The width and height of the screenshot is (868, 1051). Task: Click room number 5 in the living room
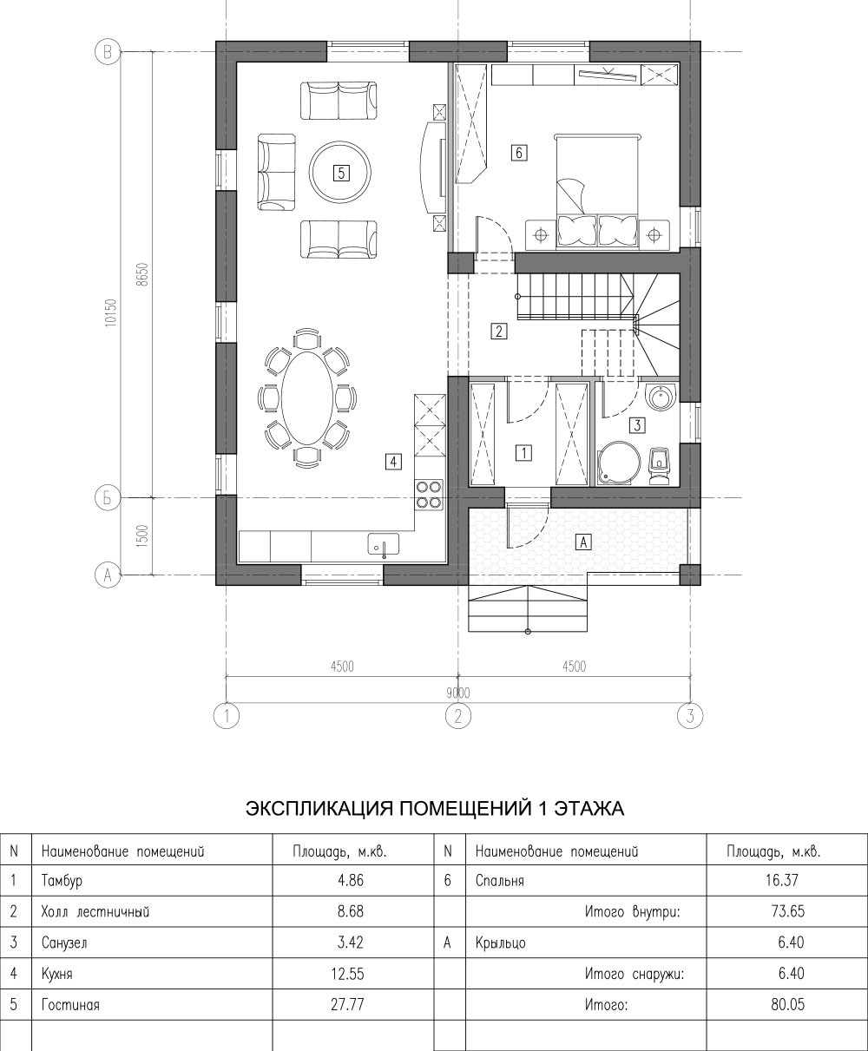pos(341,174)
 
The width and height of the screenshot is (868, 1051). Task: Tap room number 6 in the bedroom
pos(518,152)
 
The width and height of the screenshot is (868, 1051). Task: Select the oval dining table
pos(307,397)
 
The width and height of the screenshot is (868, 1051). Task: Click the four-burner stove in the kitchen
pos(429,495)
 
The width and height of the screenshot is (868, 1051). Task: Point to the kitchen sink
pos(384,543)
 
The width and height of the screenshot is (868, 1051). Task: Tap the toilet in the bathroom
pos(659,465)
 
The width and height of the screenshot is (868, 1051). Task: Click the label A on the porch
pos(583,542)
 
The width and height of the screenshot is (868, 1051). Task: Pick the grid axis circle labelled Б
pos(108,498)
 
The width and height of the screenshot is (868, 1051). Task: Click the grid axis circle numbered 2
pos(457,716)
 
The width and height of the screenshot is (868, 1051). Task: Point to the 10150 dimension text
pos(111,312)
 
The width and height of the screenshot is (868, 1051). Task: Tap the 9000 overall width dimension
pos(457,693)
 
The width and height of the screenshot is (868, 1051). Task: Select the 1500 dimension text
pos(142,536)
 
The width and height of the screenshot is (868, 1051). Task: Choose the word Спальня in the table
pos(499,881)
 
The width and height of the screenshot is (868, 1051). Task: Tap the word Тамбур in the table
pos(62,882)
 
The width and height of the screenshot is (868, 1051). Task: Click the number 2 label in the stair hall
pos(498,332)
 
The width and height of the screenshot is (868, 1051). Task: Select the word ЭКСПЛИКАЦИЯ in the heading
pos(319,809)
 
